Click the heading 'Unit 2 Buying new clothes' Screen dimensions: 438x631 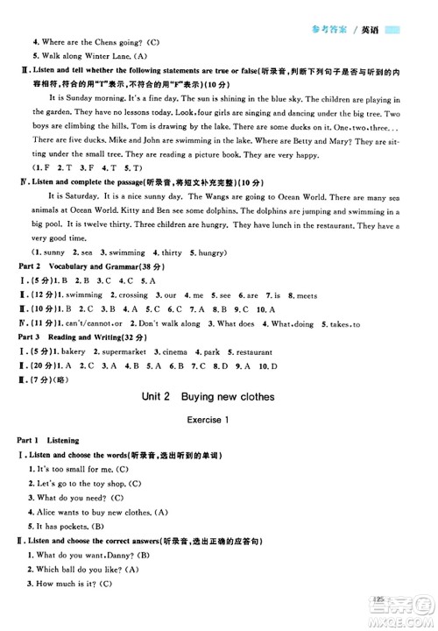pos(208,396)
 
